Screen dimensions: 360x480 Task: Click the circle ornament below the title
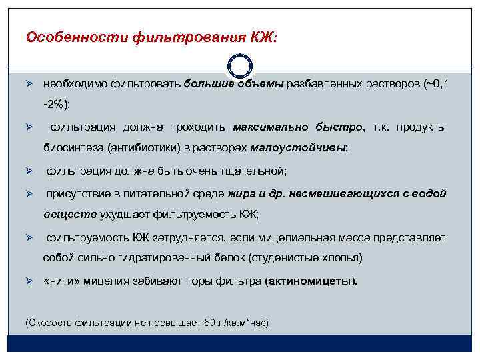point(240,68)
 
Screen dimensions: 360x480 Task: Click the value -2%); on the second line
point(57,105)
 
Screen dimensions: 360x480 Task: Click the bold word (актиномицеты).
point(311,281)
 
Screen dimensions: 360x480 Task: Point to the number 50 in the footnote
point(210,323)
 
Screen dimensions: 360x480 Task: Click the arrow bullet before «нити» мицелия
point(29,281)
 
